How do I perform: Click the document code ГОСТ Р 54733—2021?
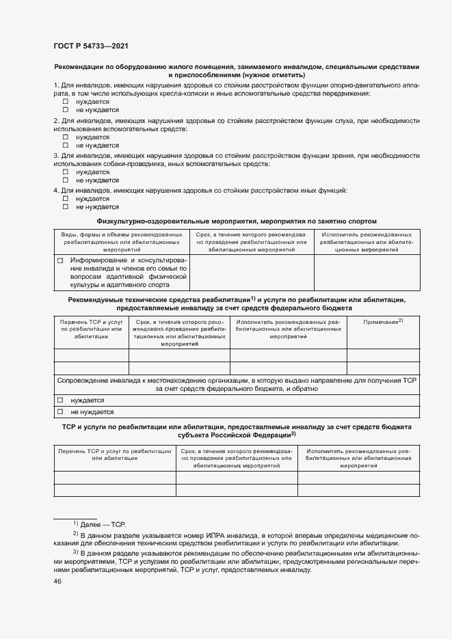[x=90, y=46]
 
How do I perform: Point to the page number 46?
[x=57, y=581]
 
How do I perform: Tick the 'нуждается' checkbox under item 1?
[x=66, y=101]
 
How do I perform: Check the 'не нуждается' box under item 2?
[x=66, y=146]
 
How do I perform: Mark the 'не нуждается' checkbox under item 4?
[x=66, y=206]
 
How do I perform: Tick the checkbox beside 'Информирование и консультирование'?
[x=60, y=260]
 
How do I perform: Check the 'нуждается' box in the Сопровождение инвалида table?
[x=60, y=400]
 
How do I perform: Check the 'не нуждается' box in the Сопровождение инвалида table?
[x=60, y=412]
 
